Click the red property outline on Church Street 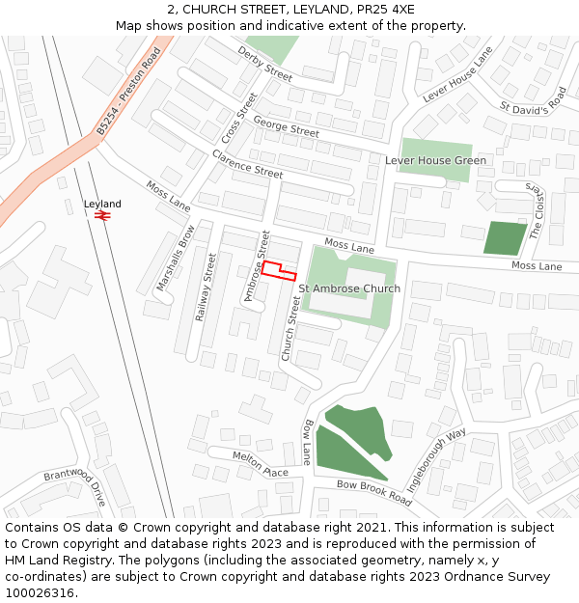(x=278, y=271)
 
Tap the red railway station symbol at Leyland (x=102, y=216)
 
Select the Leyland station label (x=102, y=204)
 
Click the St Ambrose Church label (x=349, y=288)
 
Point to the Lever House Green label (x=435, y=160)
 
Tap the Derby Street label (x=264, y=64)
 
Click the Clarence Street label (x=247, y=165)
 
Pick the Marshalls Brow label (x=176, y=259)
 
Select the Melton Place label (x=261, y=463)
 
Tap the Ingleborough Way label (x=435, y=461)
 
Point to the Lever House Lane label (x=457, y=75)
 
